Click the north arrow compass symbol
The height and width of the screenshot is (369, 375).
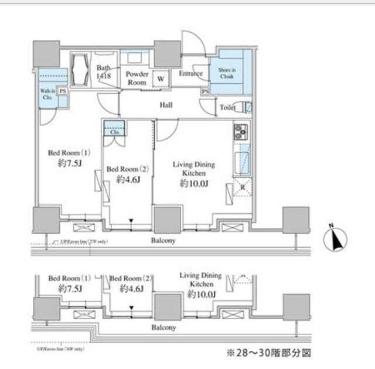point(336,238)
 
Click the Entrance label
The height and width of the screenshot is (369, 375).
point(190,74)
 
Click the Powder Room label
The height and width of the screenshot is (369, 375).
point(137,78)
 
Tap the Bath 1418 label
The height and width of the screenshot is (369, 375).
point(104,72)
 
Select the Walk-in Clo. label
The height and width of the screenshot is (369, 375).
point(47,94)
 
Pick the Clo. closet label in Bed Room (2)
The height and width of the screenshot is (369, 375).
point(115,132)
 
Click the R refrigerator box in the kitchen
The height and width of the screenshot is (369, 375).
point(242,188)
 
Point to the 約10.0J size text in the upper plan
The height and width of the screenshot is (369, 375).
point(193,184)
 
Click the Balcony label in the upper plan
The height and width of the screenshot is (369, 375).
point(162,240)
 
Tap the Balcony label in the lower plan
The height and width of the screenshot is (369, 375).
point(163,328)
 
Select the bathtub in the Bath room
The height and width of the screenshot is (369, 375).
point(80,70)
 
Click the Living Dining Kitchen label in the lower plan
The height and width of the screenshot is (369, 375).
point(200,279)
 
